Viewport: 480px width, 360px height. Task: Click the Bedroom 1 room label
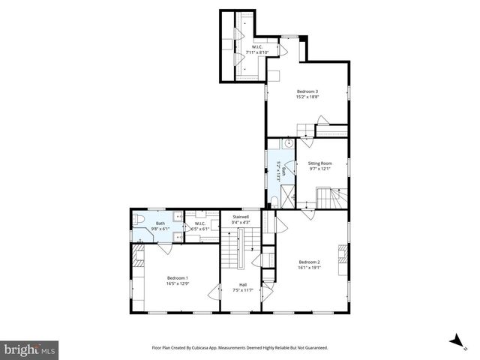tap(177, 278)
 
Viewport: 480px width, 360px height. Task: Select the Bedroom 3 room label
tap(307, 91)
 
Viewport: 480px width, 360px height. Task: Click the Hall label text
tap(243, 284)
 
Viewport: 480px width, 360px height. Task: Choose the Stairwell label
tap(241, 216)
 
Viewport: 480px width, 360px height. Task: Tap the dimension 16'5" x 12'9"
tap(177, 283)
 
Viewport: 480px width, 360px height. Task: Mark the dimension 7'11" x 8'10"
tap(257, 52)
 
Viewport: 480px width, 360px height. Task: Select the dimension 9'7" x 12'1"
tap(320, 169)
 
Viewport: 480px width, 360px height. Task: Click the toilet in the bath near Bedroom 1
tap(139, 218)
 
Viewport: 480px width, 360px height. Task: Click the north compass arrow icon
tap(454, 341)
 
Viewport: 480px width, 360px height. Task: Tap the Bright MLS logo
tap(30, 349)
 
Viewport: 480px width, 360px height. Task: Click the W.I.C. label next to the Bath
tap(200, 223)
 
